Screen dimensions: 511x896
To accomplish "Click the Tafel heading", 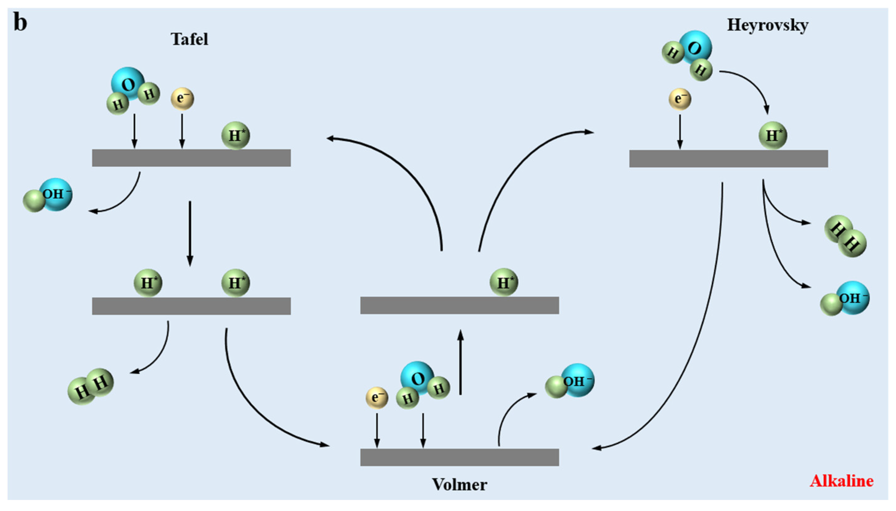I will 189,39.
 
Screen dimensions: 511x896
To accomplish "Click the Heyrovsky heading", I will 768,25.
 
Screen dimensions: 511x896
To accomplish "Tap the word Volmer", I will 459,485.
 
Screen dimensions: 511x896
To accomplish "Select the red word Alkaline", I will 841,481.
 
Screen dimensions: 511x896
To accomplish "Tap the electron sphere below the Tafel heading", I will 182,98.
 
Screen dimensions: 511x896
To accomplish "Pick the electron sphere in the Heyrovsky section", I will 680,99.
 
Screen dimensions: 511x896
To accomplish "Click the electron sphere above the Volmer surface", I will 377,398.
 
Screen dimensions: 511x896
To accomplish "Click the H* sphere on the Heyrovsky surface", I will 772,135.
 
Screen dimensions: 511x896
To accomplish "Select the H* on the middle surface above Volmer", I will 504,282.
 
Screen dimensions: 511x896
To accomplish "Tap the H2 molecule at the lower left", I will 90,387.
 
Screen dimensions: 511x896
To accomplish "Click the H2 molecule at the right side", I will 845,236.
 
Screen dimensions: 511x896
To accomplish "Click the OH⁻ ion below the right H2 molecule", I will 845,299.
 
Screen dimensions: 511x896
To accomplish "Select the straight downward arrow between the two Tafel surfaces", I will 190,233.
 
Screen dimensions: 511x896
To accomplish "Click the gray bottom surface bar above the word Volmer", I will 459,457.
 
